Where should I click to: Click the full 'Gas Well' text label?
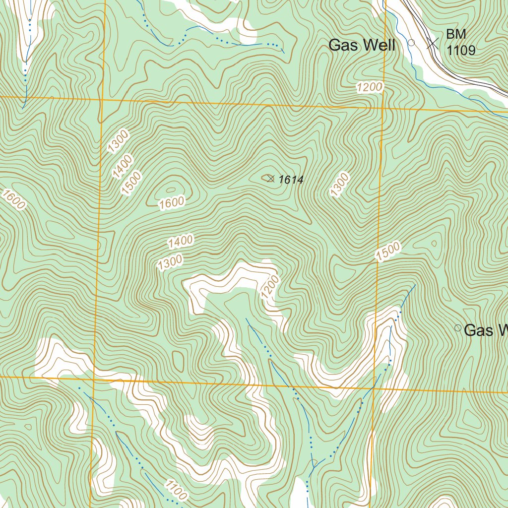click(x=362, y=45)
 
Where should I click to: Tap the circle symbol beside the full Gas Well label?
click(x=411, y=43)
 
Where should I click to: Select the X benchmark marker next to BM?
click(x=433, y=43)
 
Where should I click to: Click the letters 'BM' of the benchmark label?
click(x=456, y=34)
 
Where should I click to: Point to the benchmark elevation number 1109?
click(x=461, y=50)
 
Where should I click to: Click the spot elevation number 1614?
click(x=291, y=180)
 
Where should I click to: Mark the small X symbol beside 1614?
click(x=270, y=179)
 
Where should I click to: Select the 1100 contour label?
click(x=175, y=490)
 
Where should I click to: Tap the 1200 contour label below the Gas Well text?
click(x=370, y=87)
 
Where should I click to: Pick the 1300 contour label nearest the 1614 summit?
click(x=340, y=185)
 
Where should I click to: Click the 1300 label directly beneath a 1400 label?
click(x=170, y=262)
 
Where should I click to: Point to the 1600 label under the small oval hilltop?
click(x=172, y=202)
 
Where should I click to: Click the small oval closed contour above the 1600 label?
click(x=171, y=189)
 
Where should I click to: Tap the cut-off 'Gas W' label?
click(x=486, y=330)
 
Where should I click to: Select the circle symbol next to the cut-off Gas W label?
click(x=457, y=328)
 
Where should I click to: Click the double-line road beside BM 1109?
click(x=446, y=60)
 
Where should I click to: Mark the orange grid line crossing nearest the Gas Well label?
click(x=384, y=108)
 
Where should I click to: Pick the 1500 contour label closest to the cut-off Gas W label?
click(x=387, y=252)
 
